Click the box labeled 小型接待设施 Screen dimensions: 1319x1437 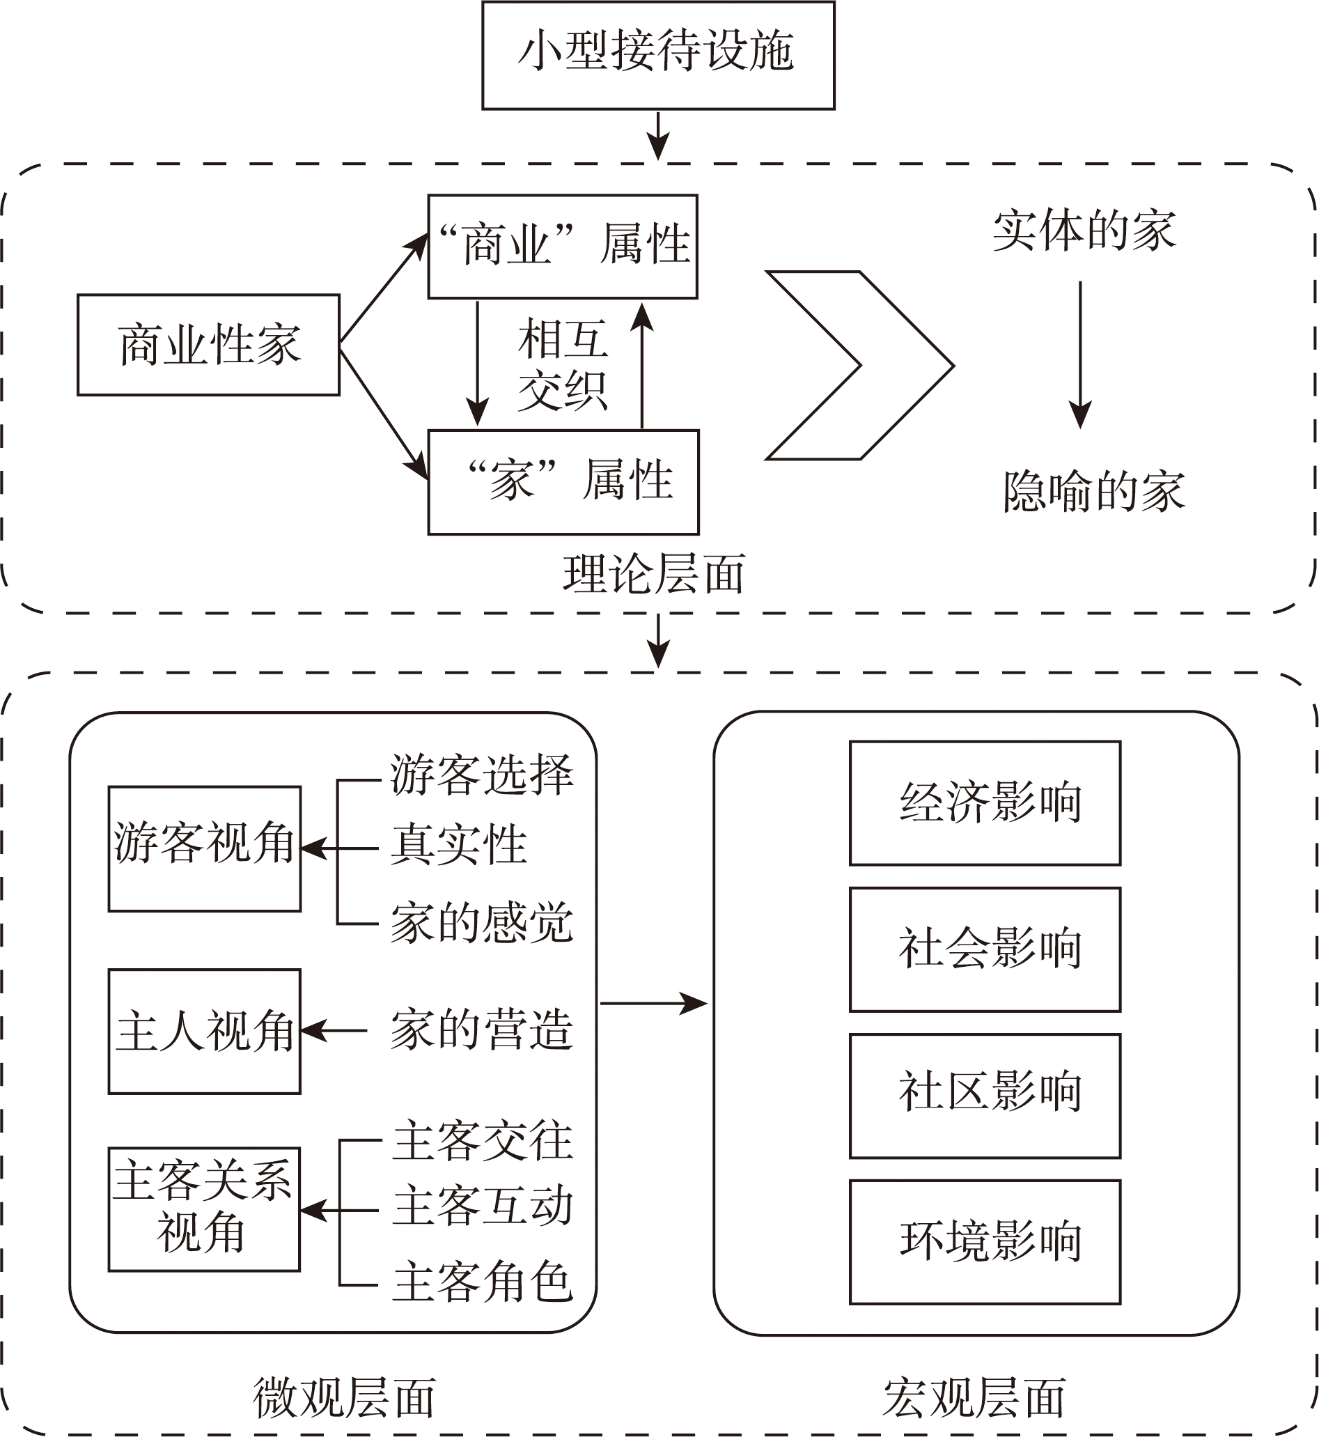point(658,55)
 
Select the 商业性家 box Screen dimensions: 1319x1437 point(208,345)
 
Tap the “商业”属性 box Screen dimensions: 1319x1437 point(563,247)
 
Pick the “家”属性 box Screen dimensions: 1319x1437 point(563,482)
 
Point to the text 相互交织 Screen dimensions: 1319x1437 point(563,365)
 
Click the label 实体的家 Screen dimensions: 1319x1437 point(1084,231)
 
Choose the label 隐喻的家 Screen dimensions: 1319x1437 point(1094,491)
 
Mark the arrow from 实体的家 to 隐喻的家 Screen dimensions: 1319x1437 point(1081,355)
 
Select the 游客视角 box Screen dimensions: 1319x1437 point(205,849)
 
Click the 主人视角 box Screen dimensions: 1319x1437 point(205,1032)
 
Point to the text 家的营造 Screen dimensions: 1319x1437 point(482,1030)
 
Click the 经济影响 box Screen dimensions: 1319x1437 point(985,803)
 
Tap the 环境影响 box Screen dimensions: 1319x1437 point(985,1242)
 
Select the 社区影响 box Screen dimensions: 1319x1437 point(985,1096)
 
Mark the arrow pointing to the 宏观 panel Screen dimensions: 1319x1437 point(654,1004)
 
